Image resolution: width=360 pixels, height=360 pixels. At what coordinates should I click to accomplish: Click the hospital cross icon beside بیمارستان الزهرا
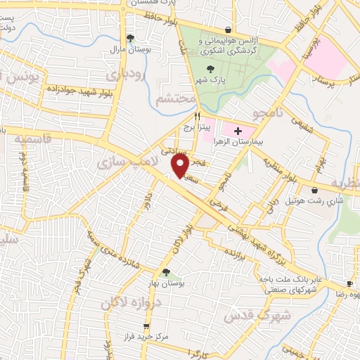(238, 131)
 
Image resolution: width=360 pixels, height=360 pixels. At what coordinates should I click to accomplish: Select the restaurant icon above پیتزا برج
(198, 117)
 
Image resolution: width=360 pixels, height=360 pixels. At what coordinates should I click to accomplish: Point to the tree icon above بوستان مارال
(130, 39)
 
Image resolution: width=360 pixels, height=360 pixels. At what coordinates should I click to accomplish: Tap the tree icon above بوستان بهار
(166, 272)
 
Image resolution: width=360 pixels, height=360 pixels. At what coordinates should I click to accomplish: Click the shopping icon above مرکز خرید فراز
(146, 326)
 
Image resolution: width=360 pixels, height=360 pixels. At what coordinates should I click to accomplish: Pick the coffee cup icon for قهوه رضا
(350, 283)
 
